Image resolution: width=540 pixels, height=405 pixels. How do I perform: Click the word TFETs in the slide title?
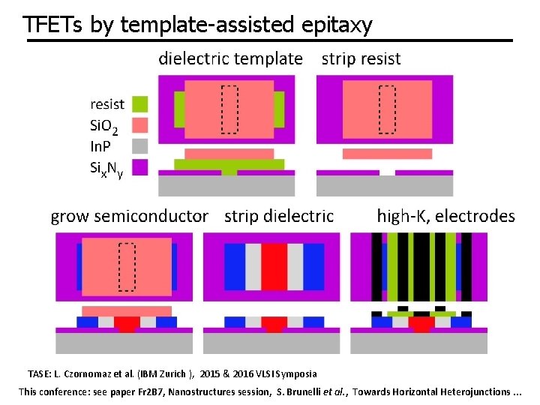[53, 25]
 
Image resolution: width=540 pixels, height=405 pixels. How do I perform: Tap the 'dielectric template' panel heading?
[230, 58]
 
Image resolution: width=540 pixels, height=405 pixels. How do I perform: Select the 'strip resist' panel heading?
[361, 58]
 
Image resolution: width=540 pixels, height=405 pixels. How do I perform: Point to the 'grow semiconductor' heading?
[129, 217]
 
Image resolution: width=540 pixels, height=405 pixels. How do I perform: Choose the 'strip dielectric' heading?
[279, 217]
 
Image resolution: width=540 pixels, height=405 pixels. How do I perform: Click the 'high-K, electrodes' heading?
[445, 217]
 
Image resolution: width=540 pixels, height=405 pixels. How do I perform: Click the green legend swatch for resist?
[139, 103]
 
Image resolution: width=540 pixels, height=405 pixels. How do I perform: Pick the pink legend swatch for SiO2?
[139, 124]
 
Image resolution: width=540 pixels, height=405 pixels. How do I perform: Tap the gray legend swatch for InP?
[139, 145]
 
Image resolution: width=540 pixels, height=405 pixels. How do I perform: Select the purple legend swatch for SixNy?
[139, 166]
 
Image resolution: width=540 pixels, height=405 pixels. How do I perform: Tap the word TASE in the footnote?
[39, 373]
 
